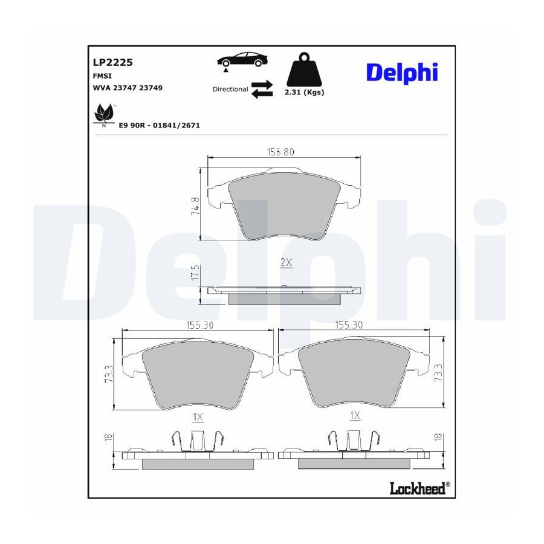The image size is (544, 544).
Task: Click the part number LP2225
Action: click(x=112, y=62)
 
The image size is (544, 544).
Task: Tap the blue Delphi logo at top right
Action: click(x=402, y=73)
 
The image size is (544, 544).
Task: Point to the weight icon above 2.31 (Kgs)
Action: click(x=304, y=70)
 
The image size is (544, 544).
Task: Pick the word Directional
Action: click(x=230, y=89)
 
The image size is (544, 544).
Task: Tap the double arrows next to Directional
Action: click(x=262, y=89)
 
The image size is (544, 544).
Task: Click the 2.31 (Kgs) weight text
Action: click(x=304, y=92)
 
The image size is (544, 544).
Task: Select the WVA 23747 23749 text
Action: click(x=128, y=88)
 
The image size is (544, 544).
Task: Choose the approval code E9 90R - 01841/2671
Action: click(x=159, y=125)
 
